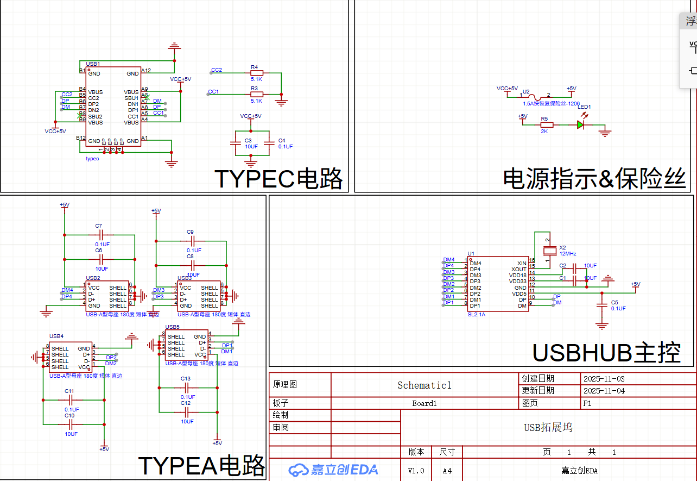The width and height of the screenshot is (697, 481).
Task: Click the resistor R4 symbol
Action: (256, 73)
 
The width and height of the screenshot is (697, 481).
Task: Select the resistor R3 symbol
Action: (256, 94)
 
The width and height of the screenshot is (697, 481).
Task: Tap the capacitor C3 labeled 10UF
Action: (235, 143)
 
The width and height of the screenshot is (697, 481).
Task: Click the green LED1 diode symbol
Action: (580, 124)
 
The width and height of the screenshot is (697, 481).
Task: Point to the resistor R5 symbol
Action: (544, 124)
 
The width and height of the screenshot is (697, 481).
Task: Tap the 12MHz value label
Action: (568, 254)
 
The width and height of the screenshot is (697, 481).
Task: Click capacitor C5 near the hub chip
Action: (601, 305)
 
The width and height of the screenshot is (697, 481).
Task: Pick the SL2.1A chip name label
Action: (476, 314)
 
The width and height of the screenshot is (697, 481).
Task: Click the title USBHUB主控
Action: (606, 353)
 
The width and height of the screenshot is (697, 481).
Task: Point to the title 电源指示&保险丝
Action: (594, 178)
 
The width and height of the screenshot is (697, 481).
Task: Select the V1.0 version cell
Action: (416, 471)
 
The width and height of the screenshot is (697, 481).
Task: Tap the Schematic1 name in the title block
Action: (424, 385)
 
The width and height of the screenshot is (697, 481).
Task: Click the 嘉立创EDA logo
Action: (333, 470)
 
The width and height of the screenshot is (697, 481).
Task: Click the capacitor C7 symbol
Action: (99, 235)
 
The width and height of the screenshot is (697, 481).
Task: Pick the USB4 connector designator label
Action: (56, 336)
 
